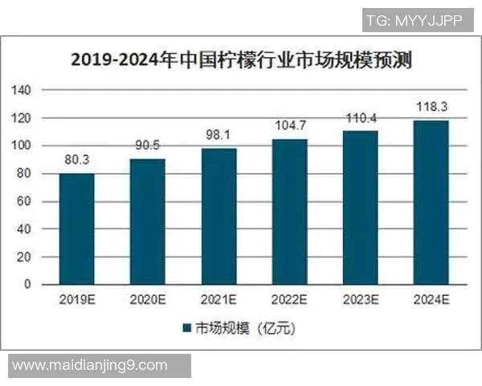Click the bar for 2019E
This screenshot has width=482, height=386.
point(76,228)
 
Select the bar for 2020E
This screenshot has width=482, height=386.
point(148,221)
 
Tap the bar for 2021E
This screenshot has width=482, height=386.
point(219,216)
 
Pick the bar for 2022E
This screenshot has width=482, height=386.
point(289,211)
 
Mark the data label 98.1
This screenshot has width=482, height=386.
point(219,136)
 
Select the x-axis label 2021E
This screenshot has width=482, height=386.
point(219,300)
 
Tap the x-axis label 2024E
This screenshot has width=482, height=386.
point(431,300)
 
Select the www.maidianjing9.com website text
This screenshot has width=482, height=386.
point(90,366)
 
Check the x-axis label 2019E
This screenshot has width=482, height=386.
point(76,300)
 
